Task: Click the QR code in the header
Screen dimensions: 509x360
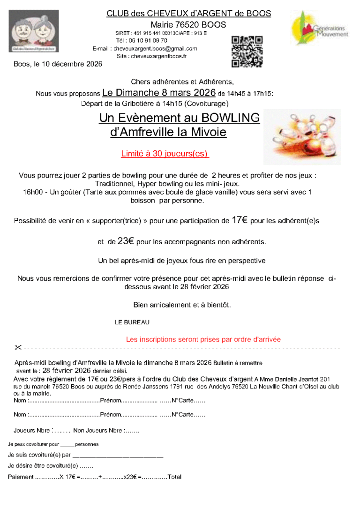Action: [x=247, y=52]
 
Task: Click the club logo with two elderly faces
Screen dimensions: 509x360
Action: [x=34, y=31]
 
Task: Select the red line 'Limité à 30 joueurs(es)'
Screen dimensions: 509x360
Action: [x=165, y=153]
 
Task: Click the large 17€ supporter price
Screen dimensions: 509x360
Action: [x=240, y=220]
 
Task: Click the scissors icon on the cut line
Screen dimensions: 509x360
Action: [x=18, y=348]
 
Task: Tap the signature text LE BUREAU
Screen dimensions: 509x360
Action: [x=132, y=322]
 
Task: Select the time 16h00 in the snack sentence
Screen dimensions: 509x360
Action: [x=31, y=192]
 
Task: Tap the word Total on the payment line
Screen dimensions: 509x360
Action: [x=174, y=477]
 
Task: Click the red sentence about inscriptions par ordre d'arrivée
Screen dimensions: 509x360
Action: [x=203, y=339]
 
